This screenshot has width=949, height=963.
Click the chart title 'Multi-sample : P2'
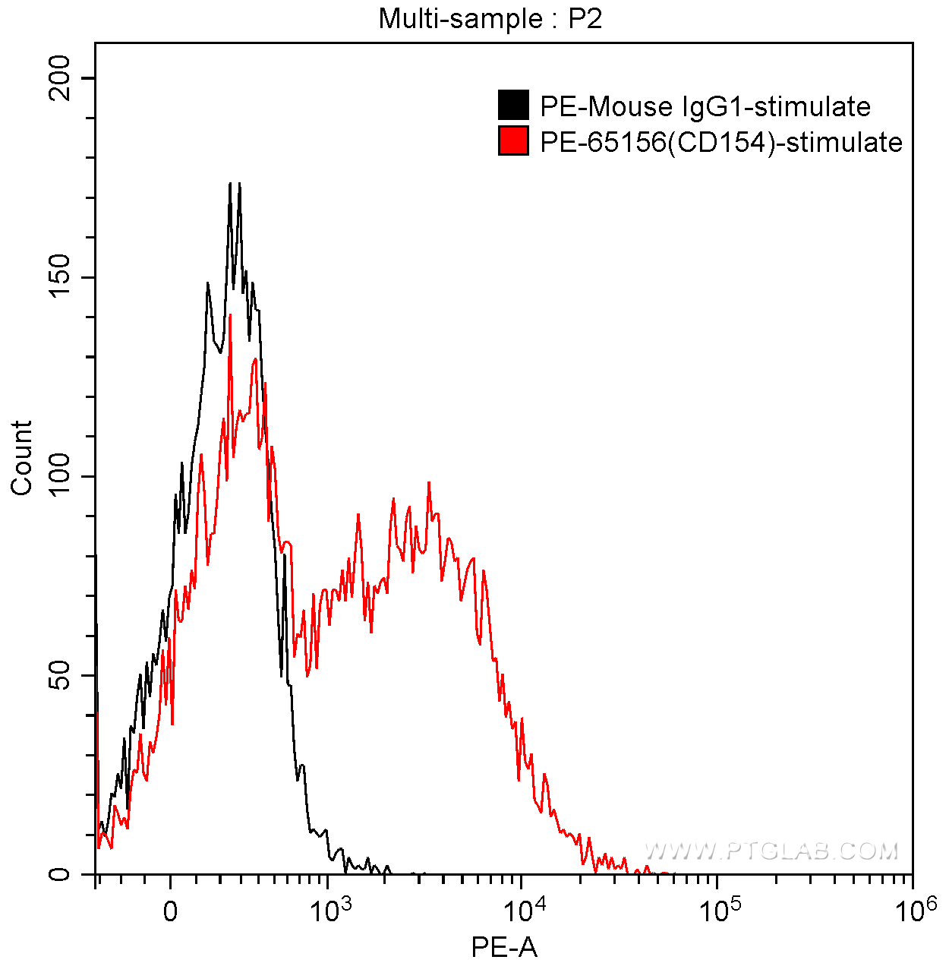coord(490,18)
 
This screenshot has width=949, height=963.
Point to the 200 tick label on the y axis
coord(58,78)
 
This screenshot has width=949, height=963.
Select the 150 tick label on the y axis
coord(58,277)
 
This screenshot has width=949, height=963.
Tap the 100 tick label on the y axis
coord(58,476)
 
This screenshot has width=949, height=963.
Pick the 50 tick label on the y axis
coord(58,675)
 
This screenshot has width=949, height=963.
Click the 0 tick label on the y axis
coord(58,874)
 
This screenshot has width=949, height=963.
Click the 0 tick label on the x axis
coord(171,911)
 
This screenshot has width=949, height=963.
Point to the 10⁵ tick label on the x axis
coord(717,908)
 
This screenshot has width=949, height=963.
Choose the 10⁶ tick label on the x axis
coord(913,908)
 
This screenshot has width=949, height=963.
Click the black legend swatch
coord(513,106)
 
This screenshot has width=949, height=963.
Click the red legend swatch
coord(513,141)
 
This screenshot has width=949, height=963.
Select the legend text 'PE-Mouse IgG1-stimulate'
coord(705,106)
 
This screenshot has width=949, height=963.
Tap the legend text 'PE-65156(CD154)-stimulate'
coord(721,142)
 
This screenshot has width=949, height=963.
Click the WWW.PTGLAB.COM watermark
coord(771,851)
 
